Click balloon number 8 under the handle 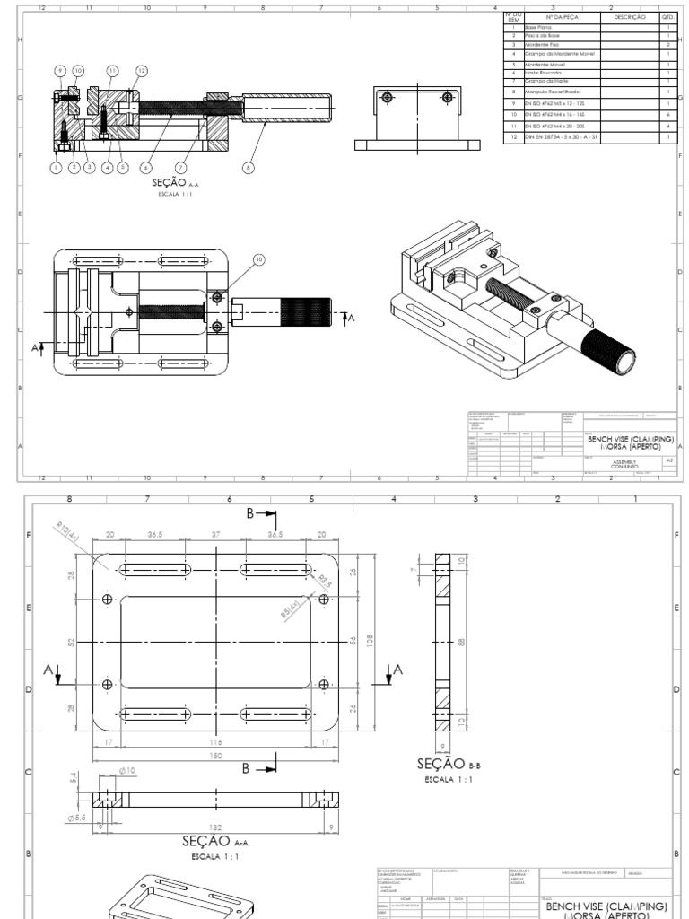tap(249, 166)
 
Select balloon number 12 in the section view tap(142, 70)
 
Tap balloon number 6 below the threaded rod tap(146, 166)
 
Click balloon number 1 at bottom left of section tap(56, 166)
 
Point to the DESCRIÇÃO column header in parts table tap(629, 17)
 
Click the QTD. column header tap(668, 17)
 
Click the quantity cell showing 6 tap(668, 115)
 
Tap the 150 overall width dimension tap(216, 755)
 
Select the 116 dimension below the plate tap(216, 742)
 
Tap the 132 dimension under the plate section tap(216, 827)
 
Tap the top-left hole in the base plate tap(108, 599)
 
